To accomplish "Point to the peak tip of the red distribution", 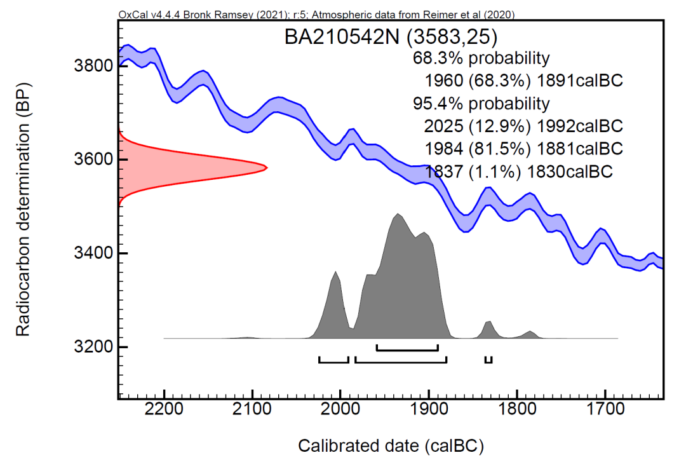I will [x=266, y=168].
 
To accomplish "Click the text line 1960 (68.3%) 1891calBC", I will [x=523, y=81].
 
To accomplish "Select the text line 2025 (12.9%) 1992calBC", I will [x=523, y=125].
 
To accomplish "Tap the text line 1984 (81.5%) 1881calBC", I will [x=523, y=148].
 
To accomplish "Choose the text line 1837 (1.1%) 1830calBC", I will [x=519, y=171].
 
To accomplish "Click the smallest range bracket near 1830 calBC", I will [x=488, y=361].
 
